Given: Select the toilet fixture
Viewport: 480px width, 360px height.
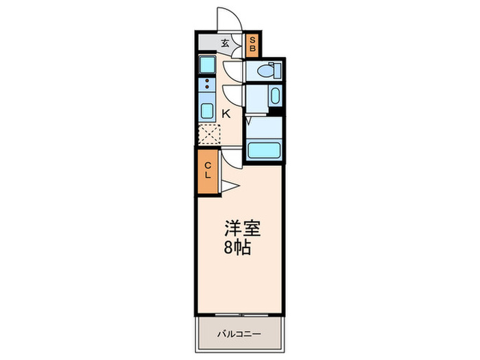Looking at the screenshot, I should [266, 71].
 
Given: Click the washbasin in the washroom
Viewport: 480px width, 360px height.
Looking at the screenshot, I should [274, 95].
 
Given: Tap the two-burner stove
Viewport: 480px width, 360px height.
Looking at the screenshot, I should [206, 86].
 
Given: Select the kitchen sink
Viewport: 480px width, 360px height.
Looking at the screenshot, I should [206, 111].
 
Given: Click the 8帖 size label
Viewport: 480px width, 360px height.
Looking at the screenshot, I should [237, 247].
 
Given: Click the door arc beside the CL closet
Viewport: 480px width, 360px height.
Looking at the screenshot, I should [233, 158].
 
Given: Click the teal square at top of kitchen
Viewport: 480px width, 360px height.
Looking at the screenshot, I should [207, 65].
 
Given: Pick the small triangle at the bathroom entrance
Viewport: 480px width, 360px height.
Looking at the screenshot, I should [248, 121].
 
